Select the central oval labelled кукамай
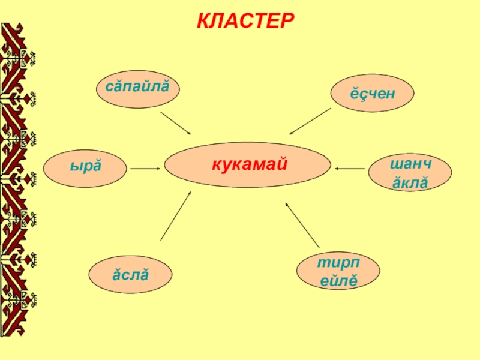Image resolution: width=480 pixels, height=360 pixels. point(247,165)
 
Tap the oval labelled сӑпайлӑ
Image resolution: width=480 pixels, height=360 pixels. point(137,88)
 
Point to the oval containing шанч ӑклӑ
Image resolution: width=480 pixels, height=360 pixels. point(410,173)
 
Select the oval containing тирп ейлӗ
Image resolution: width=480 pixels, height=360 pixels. point(338,271)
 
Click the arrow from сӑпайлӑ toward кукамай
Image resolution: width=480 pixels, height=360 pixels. point(176,122)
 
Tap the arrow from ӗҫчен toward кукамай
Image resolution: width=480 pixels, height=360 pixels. point(310,121)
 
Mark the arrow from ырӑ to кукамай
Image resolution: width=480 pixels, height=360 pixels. point(145,169)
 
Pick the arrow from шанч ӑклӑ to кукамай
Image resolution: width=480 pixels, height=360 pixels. point(350,169)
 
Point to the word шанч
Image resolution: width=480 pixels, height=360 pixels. point(410,164)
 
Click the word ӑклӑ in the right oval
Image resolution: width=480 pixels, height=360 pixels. point(410,182)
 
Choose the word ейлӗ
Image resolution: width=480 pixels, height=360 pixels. point(338,280)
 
